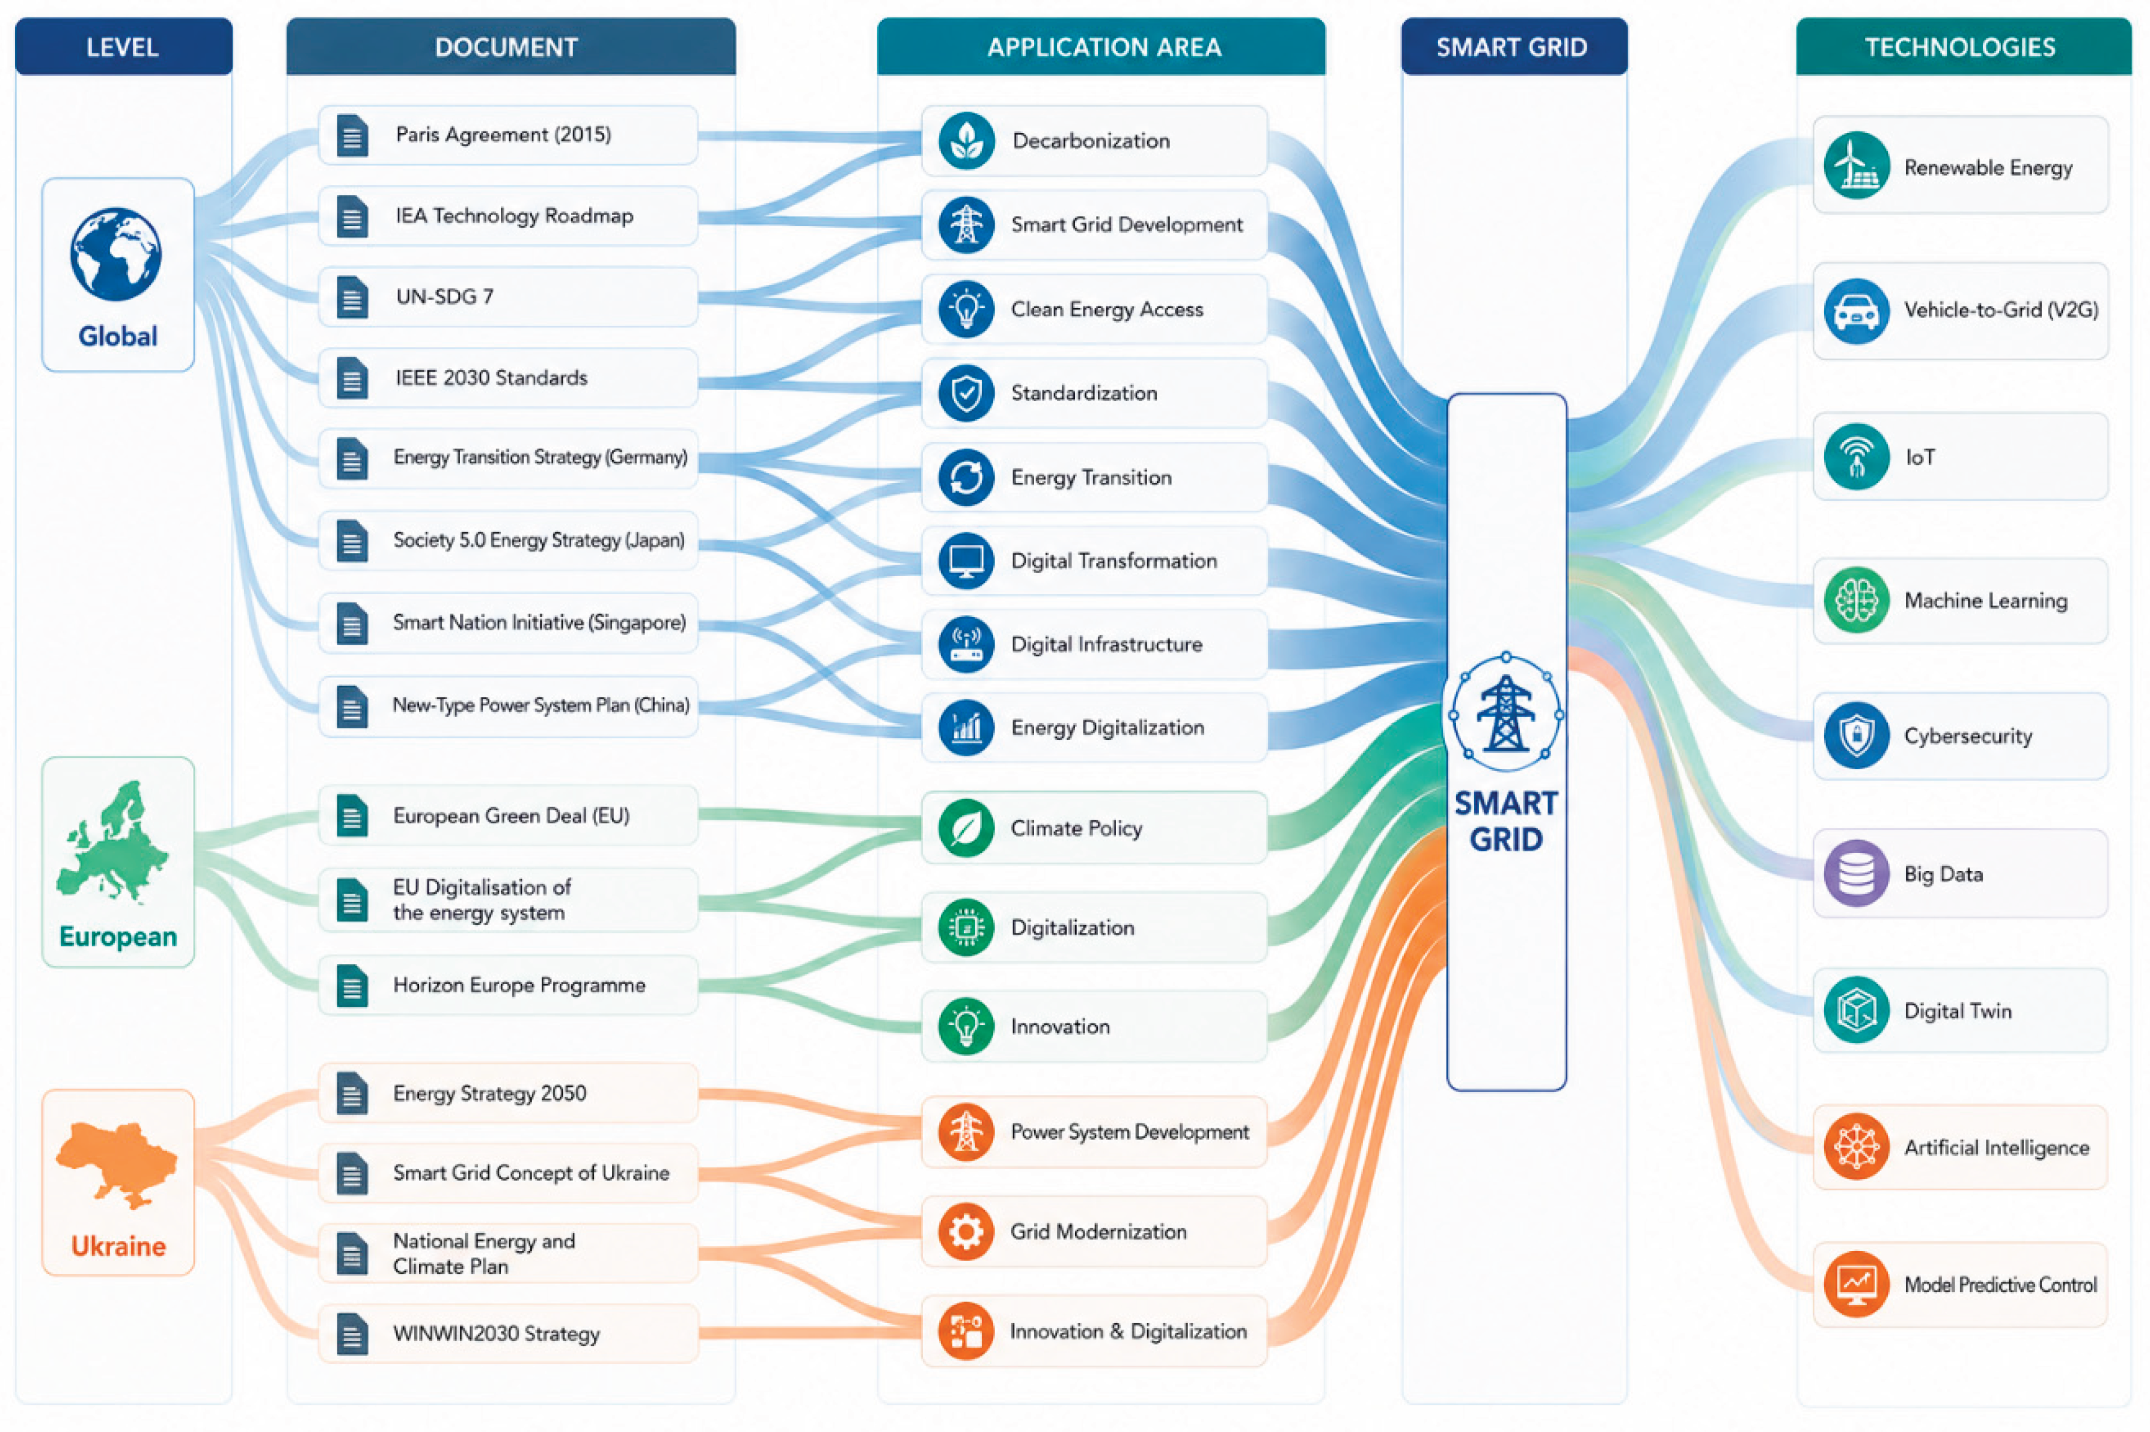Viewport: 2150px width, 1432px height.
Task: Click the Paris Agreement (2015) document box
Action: (507, 135)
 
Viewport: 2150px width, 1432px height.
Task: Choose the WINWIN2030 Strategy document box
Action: (507, 1333)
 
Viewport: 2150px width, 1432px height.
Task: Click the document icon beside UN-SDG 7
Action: (352, 298)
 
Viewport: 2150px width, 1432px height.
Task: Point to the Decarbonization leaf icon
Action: (966, 141)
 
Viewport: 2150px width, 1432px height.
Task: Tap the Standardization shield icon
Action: (966, 393)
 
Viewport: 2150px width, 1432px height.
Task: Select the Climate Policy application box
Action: (1094, 828)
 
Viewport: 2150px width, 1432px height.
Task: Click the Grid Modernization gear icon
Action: (966, 1232)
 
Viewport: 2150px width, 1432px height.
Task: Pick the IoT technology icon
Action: (1856, 456)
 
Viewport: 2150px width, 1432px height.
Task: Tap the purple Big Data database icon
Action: (1856, 874)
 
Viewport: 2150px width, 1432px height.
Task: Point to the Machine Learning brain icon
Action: (1856, 601)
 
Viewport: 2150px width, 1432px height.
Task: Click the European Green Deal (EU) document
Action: (507, 816)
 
